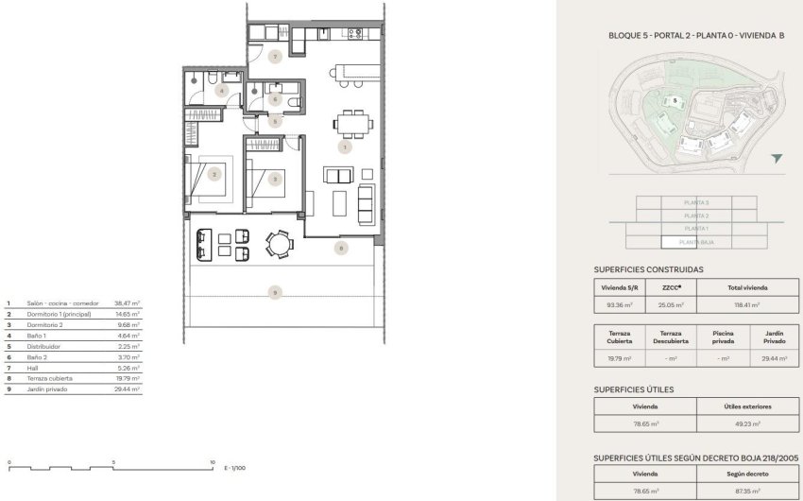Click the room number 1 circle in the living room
[x=346, y=147]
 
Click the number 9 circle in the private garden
[x=275, y=292]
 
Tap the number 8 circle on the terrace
[x=341, y=248]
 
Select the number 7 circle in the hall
[x=275, y=57]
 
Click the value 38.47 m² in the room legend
[x=127, y=303]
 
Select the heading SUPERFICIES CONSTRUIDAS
[x=648, y=268]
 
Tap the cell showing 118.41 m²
[x=747, y=305]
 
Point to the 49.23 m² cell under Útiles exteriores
[x=746, y=425]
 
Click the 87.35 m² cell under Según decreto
[x=746, y=490]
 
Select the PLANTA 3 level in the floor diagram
[x=696, y=202]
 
